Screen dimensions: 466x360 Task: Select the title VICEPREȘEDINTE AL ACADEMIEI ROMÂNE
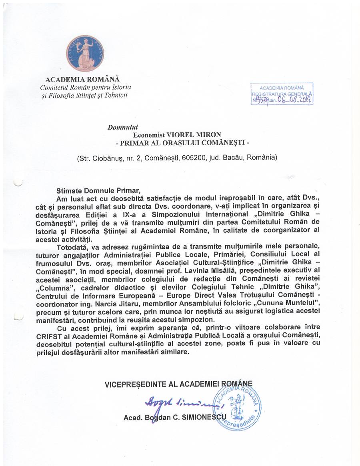coord(178,384)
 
